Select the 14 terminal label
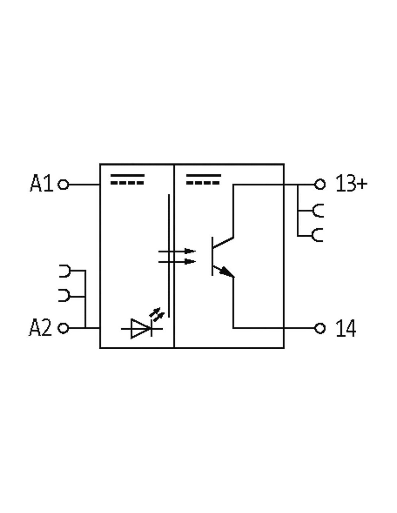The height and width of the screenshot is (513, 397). pyautogui.click(x=346, y=328)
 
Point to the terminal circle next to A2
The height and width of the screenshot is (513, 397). pyautogui.click(x=63, y=328)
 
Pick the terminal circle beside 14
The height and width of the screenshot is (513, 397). pyautogui.click(x=320, y=328)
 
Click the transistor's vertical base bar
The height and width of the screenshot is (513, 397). pyautogui.click(x=212, y=256)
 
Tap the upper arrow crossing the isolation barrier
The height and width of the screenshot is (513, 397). pyautogui.click(x=177, y=251)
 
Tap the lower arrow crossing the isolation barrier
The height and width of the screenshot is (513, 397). pyautogui.click(x=177, y=262)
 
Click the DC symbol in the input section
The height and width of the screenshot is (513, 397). pyautogui.click(x=127, y=179)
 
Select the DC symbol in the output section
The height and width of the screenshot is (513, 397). pyautogui.click(x=204, y=179)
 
